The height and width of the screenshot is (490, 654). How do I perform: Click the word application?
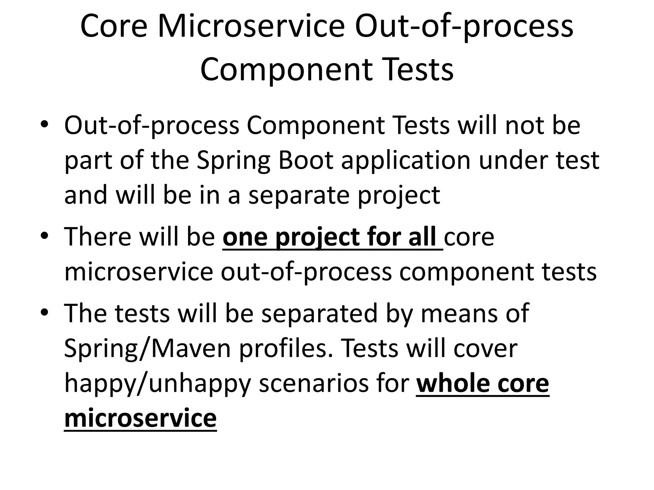(x=406, y=161)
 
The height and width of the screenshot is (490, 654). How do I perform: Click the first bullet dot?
(x=44, y=124)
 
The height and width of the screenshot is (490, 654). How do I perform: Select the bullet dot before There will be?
(x=44, y=236)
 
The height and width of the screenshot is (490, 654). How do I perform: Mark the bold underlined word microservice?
(x=141, y=418)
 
